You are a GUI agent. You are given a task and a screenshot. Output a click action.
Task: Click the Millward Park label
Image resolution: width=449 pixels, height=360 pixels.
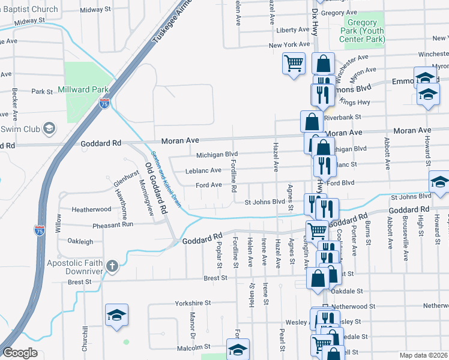click(x=83, y=89)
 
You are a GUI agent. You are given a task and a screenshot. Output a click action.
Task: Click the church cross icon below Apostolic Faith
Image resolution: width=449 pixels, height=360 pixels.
click(x=112, y=265)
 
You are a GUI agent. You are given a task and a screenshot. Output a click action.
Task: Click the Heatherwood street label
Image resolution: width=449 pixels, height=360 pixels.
click(x=91, y=209)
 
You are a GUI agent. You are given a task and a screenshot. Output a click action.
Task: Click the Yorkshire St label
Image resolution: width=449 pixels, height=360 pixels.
click(x=193, y=304)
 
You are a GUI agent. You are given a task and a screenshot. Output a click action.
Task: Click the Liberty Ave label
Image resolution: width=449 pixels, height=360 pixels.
click(x=292, y=30)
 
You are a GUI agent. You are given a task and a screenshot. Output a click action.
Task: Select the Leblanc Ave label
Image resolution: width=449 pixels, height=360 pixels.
click(x=203, y=170)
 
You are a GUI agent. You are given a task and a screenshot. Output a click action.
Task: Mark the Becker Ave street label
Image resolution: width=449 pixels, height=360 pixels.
click(x=14, y=103)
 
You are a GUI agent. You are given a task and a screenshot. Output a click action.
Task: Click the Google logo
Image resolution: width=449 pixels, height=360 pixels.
click(x=20, y=353)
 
